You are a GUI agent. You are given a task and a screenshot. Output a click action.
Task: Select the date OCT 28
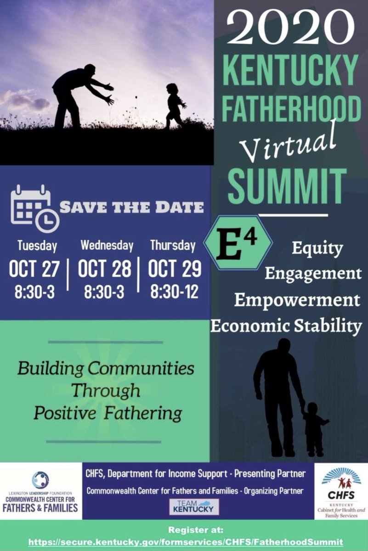[x=105, y=269]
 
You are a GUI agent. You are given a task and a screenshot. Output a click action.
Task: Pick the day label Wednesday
[x=107, y=245]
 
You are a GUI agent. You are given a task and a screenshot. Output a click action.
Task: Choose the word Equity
[x=317, y=248]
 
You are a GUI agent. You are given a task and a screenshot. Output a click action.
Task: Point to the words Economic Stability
[x=286, y=326]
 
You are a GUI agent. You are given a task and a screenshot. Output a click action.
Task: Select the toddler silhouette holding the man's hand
[x=315, y=427]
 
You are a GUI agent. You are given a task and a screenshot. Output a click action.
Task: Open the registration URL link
[x=186, y=542]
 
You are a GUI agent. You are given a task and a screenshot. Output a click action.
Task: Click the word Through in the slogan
[x=106, y=390]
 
